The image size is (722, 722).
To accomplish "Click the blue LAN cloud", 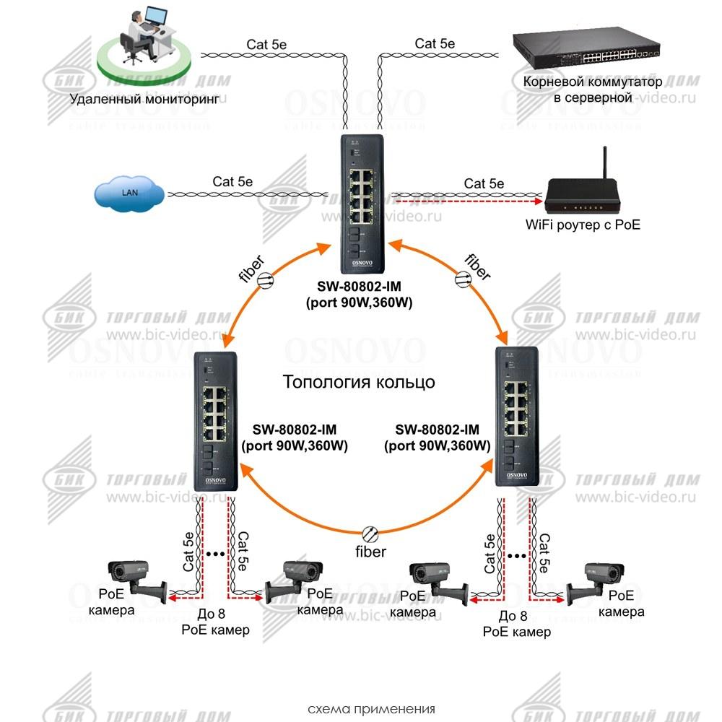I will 129,193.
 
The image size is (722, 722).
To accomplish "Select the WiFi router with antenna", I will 583,195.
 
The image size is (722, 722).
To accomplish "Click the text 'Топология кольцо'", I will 359,381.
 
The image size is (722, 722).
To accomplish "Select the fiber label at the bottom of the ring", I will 370,552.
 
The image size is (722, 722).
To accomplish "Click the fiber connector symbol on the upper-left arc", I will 266,280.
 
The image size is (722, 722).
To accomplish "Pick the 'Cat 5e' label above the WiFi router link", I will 484,183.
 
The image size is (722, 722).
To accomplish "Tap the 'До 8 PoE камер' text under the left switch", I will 214,622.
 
